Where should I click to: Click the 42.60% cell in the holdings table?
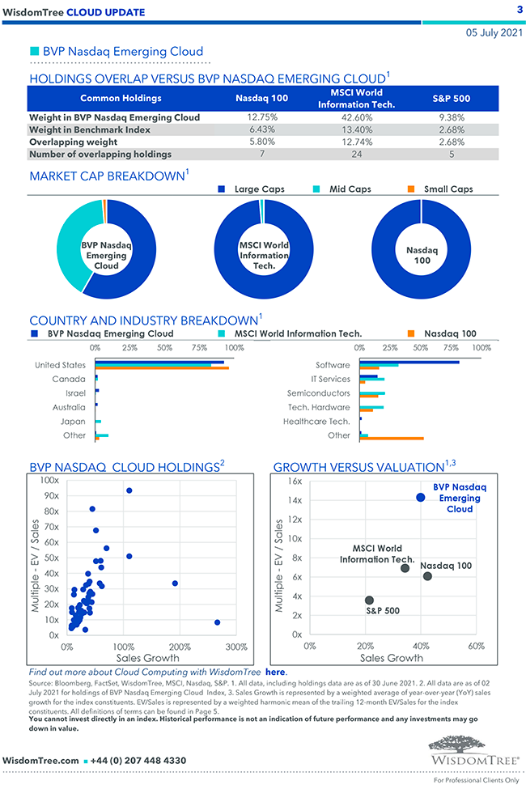point(346,117)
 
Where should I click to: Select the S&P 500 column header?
point(447,98)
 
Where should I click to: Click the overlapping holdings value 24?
point(346,154)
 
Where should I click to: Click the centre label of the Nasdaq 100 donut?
point(422,256)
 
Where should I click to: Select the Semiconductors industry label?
point(318,392)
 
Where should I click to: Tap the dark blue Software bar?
point(409,363)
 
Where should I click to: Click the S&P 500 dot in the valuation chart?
point(369,600)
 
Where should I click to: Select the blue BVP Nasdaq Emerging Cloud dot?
point(420,497)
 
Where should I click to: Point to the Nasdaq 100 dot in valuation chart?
point(427,576)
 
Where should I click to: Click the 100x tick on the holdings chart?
point(49,481)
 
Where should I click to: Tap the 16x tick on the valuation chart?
point(295,481)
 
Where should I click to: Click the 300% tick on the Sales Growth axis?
point(235,647)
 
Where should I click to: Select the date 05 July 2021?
point(494,33)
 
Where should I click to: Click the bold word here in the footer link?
point(276,672)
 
